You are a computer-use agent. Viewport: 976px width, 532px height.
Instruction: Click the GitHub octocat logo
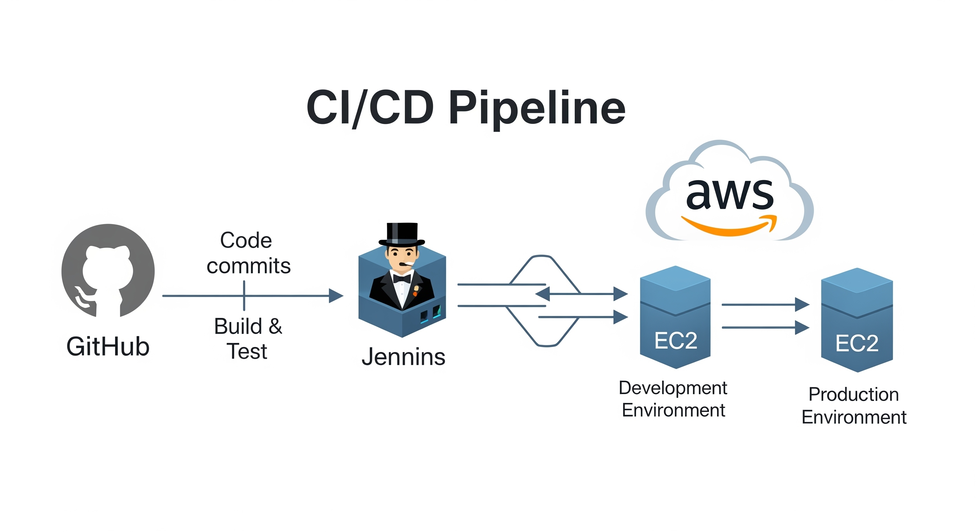click(x=108, y=271)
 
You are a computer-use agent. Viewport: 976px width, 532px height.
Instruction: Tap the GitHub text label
click(x=108, y=346)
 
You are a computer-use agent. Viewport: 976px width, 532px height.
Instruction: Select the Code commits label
click(x=248, y=253)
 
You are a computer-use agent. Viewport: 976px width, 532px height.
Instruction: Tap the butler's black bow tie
click(x=402, y=279)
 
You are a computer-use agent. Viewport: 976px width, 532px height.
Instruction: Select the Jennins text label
click(x=403, y=357)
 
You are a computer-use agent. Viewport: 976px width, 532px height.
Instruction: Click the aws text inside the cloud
click(x=730, y=194)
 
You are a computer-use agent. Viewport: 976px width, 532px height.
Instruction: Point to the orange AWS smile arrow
click(x=729, y=226)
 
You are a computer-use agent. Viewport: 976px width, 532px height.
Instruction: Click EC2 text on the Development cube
click(x=676, y=341)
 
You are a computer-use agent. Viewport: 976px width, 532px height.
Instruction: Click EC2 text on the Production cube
click(x=857, y=344)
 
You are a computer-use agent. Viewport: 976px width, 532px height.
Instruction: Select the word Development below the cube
click(x=672, y=388)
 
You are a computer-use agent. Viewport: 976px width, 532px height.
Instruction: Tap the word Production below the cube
click(x=854, y=394)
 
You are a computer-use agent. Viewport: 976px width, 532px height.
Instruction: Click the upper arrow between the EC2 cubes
click(x=765, y=304)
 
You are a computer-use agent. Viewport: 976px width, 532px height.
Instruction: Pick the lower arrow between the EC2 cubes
click(x=765, y=328)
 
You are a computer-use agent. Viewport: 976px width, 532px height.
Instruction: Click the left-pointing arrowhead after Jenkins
click(x=542, y=294)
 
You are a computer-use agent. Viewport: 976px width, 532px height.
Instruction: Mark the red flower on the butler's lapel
click(x=415, y=293)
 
